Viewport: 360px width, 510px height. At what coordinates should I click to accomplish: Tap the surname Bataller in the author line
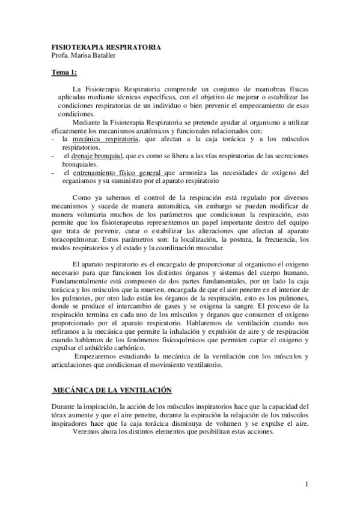point(104,55)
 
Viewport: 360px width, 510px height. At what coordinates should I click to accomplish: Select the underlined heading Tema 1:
point(64,73)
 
